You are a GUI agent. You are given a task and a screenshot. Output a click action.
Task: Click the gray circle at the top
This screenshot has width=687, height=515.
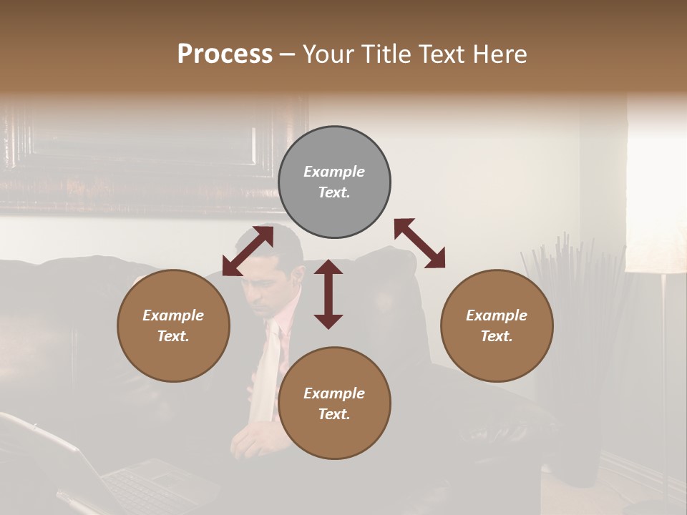334,182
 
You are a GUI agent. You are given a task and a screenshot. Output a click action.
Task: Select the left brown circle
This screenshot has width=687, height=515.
173,325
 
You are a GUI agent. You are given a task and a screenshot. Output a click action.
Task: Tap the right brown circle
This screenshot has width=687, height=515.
497,325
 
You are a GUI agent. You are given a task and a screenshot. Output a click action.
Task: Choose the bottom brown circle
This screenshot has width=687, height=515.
334,403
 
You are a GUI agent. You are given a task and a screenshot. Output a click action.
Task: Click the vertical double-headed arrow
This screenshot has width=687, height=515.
328,295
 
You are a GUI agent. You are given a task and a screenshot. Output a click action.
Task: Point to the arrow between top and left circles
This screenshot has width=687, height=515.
248,251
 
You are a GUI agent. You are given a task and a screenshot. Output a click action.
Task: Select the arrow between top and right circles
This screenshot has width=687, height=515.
419,243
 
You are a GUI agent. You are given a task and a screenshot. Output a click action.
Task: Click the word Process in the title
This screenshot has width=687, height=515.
225,54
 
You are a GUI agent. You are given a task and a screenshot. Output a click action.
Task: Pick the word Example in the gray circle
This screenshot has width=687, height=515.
334,172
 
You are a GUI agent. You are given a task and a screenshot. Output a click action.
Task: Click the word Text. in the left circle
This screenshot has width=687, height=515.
173,336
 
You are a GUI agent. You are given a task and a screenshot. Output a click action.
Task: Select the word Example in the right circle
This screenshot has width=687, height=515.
497,315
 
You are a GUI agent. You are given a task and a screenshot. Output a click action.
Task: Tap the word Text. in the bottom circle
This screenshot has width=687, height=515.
334,414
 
